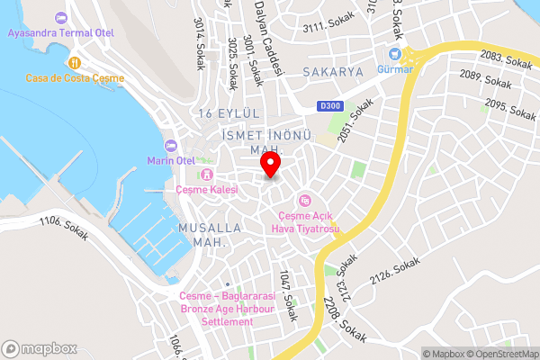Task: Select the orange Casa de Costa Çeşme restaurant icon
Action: (75, 63)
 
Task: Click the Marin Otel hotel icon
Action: (171, 146)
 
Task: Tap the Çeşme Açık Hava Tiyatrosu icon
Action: (305, 200)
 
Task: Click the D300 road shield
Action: (330, 106)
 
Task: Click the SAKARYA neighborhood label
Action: (332, 70)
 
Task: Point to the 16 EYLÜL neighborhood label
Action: (229, 112)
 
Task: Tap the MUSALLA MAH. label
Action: (209, 236)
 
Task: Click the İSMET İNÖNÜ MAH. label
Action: (265, 141)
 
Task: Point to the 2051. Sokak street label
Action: (356, 119)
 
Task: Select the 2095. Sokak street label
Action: (508, 110)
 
